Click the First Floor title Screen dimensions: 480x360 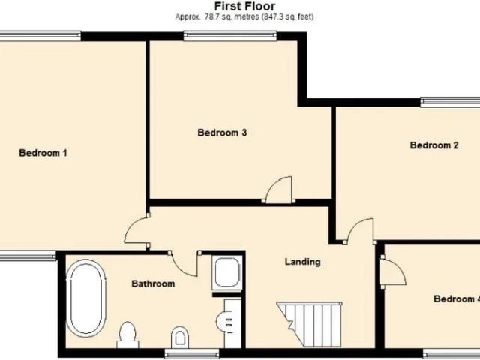[x=244, y=6]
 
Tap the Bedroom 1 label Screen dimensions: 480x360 [x=43, y=153]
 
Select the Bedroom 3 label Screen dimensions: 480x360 [x=222, y=133]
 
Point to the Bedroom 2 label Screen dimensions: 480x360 [x=434, y=145]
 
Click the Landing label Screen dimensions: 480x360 [x=303, y=262]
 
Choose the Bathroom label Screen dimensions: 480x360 [x=153, y=283]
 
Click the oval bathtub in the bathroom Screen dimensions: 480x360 [x=86, y=298]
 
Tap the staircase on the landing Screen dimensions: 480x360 [x=309, y=324]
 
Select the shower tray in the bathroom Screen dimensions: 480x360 [x=227, y=272]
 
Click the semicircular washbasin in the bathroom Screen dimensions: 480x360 [x=224, y=321]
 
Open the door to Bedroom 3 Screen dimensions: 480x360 [x=278, y=190]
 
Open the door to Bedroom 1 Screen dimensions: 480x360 [x=136, y=230]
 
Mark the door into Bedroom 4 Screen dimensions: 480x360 [x=393, y=272]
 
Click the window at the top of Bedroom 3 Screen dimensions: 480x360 [x=230, y=36]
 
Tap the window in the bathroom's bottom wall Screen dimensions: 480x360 [x=192, y=353]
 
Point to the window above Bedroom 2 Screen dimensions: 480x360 [x=450, y=102]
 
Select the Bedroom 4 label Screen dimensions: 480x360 [x=457, y=298]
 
